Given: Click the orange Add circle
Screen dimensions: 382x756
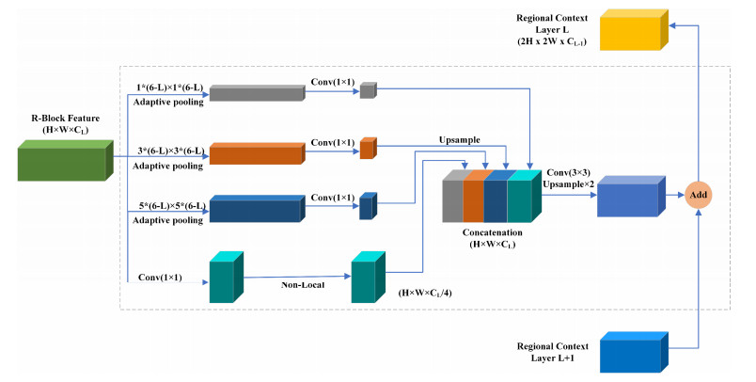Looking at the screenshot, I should click(698, 195).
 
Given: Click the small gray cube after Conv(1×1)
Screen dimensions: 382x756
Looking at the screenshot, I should click(367, 90).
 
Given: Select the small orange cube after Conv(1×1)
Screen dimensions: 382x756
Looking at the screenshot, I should click(367, 148).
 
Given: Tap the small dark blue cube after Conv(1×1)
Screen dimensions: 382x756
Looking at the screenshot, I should click(367, 207).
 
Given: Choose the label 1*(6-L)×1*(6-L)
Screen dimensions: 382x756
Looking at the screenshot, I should click(171, 87).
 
